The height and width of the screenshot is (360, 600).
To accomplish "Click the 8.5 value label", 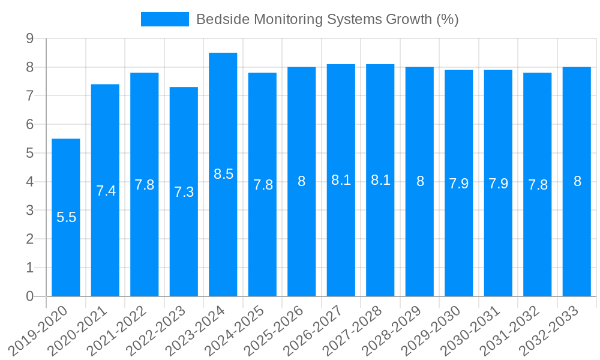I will pos(223,174).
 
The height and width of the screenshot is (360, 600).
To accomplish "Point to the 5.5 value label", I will pos(66,217).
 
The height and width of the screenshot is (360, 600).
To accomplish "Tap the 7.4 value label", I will pos(106,191).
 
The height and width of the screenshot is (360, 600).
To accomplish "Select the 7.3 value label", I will pos(184,192).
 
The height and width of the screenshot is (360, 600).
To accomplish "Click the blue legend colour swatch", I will pos(164,19).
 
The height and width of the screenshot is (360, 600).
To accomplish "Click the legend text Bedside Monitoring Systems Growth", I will pos(328,19).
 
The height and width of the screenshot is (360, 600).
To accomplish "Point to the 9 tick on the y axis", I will pos(29,39).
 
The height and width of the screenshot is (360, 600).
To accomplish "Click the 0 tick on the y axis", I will pos(29,296).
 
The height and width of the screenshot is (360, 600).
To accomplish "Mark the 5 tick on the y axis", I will pos(29,154).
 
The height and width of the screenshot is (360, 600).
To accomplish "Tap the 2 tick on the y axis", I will pos(29,239).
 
